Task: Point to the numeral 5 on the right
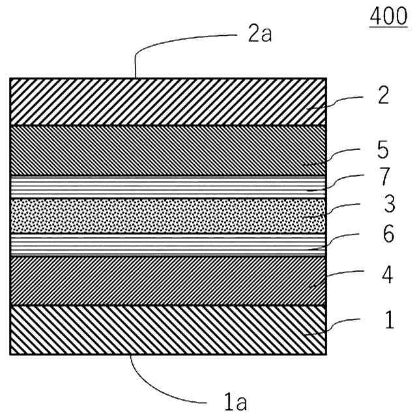[384, 150]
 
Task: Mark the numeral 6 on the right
[388, 235]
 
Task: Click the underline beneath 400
[388, 28]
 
